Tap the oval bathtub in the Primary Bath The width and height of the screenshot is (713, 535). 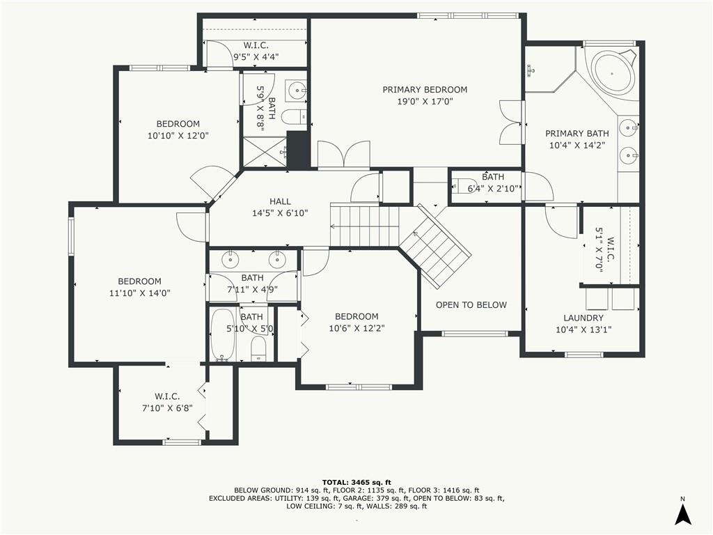coord(612,72)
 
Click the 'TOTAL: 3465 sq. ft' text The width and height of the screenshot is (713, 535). coord(356,482)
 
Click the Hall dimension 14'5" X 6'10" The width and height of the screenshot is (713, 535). coord(280,213)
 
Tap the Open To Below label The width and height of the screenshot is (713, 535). coord(471,305)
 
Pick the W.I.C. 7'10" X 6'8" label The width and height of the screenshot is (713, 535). coord(167,403)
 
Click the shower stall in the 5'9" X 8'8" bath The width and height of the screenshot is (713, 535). coord(265,152)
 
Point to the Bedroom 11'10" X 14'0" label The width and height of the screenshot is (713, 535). coord(139,287)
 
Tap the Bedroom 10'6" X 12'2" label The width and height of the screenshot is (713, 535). coord(356,323)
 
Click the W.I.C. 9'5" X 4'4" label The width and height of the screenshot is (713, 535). coord(256,51)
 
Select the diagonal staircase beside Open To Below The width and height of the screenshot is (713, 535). coord(434,246)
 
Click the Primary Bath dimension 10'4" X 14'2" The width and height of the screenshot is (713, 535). coord(577,146)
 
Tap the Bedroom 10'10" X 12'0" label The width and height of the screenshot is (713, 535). coord(178,130)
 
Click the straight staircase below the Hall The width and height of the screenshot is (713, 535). coord(365,226)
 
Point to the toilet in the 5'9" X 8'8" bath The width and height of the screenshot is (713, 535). coord(295,117)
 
